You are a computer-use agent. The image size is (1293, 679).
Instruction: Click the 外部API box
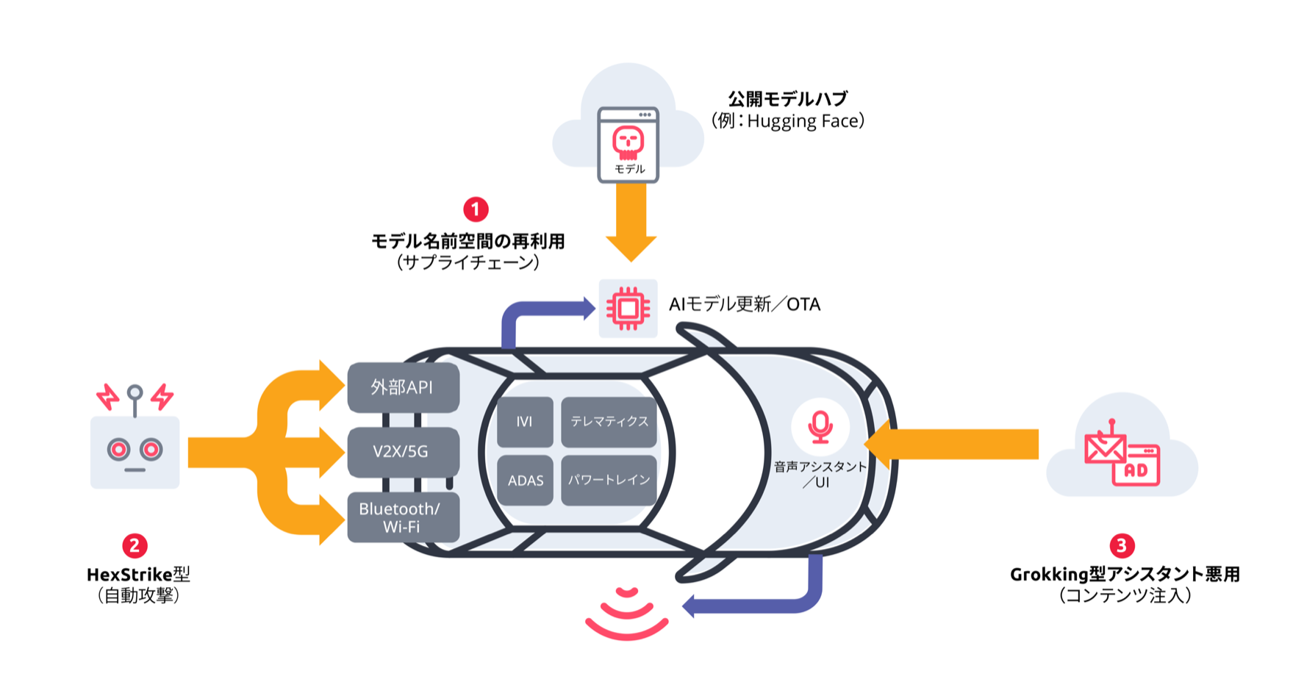pyautogui.click(x=403, y=387)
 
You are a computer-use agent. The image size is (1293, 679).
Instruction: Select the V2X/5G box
pyautogui.click(x=403, y=451)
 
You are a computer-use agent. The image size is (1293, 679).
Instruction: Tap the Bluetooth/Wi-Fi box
pyautogui.click(x=403, y=517)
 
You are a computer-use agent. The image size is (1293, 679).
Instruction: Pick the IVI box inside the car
pyautogui.click(x=524, y=422)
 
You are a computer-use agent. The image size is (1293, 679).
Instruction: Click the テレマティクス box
pyautogui.click(x=609, y=422)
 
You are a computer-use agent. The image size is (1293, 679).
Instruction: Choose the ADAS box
pyautogui.click(x=525, y=481)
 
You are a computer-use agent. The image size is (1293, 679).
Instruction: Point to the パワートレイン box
pyautogui.click(x=609, y=481)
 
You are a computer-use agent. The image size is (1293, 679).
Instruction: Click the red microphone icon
pyautogui.click(x=820, y=426)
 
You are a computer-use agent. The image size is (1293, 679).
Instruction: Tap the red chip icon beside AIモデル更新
pyautogui.click(x=628, y=308)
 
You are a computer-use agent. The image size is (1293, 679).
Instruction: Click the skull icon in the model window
pyautogui.click(x=628, y=142)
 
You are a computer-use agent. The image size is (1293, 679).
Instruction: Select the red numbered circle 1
pyautogui.click(x=476, y=209)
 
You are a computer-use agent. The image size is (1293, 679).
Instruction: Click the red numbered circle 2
pyautogui.click(x=135, y=545)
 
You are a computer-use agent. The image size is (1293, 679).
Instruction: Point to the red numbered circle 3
pyautogui.click(x=1121, y=545)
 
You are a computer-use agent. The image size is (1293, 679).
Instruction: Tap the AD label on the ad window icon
pyautogui.click(x=1136, y=470)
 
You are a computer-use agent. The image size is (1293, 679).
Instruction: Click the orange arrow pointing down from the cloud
pyautogui.click(x=631, y=220)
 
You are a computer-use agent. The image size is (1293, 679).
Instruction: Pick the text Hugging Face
pyautogui.click(x=805, y=121)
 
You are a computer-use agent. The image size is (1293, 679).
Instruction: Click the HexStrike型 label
pyautogui.click(x=138, y=575)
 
